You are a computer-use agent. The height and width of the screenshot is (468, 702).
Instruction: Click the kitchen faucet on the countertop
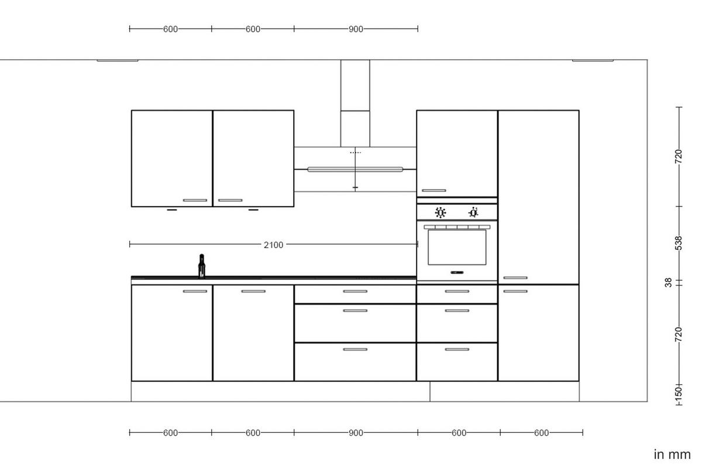click(202, 266)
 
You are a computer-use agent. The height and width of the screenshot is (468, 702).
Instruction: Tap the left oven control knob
click(441, 212)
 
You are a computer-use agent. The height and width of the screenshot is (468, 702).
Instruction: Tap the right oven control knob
click(473, 212)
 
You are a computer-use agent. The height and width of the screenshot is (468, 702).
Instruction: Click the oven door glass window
click(457, 247)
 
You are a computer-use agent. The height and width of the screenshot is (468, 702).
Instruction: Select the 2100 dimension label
click(273, 245)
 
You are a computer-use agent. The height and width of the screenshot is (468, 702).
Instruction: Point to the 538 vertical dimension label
click(678, 243)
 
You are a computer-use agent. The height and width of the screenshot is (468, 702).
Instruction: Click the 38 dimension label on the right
click(668, 283)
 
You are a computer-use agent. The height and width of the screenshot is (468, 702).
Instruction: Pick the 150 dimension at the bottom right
click(678, 391)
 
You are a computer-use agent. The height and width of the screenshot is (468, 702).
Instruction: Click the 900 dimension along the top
click(356, 29)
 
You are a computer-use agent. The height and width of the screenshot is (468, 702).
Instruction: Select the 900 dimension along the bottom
click(356, 433)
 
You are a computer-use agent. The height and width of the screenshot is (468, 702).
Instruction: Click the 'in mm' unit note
click(672, 454)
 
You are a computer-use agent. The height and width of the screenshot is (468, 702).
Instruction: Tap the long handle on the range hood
click(355, 170)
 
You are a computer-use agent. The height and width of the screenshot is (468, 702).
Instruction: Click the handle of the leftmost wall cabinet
click(195, 200)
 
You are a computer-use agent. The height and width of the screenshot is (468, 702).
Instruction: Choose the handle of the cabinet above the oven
click(433, 190)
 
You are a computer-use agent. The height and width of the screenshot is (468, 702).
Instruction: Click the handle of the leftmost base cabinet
click(195, 291)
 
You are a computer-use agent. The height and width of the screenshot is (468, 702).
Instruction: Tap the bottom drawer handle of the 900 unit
click(355, 349)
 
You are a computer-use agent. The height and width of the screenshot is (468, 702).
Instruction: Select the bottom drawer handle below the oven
click(457, 349)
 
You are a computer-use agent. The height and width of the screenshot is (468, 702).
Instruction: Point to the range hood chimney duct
click(355, 102)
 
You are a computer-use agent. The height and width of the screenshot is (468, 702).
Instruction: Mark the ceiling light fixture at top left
click(118, 60)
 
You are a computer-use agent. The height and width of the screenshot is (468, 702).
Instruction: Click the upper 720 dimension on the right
click(678, 156)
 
